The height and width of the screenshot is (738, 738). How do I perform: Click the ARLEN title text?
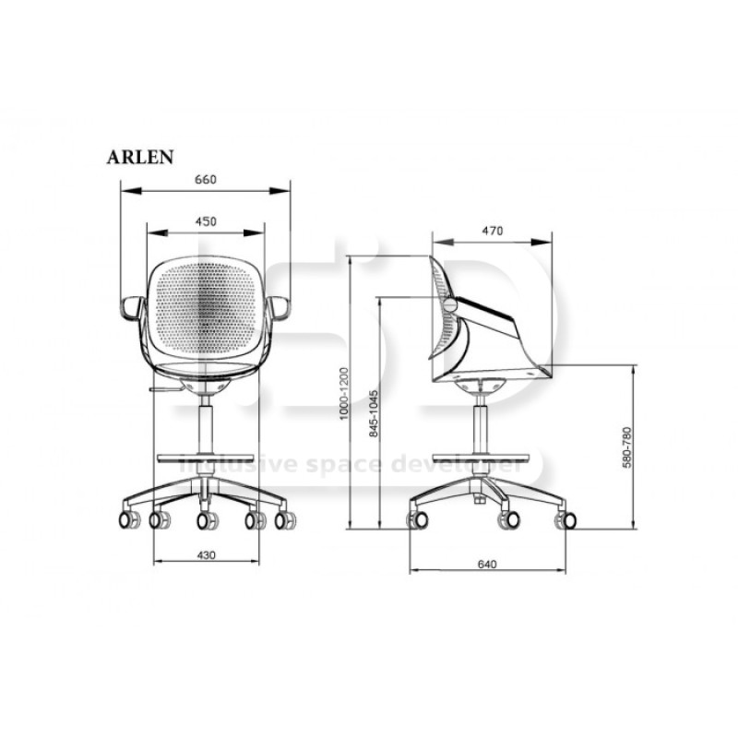140,157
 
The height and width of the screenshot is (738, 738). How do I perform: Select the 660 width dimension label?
206,180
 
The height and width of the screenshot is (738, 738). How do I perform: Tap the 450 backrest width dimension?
206,221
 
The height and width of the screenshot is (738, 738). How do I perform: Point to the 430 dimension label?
206,555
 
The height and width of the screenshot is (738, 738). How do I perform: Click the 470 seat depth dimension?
493,231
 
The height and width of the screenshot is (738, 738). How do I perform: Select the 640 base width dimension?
487,564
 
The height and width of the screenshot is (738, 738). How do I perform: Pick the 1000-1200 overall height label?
344,394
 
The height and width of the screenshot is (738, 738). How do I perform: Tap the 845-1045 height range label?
374,413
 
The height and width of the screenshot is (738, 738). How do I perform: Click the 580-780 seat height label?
627,447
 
